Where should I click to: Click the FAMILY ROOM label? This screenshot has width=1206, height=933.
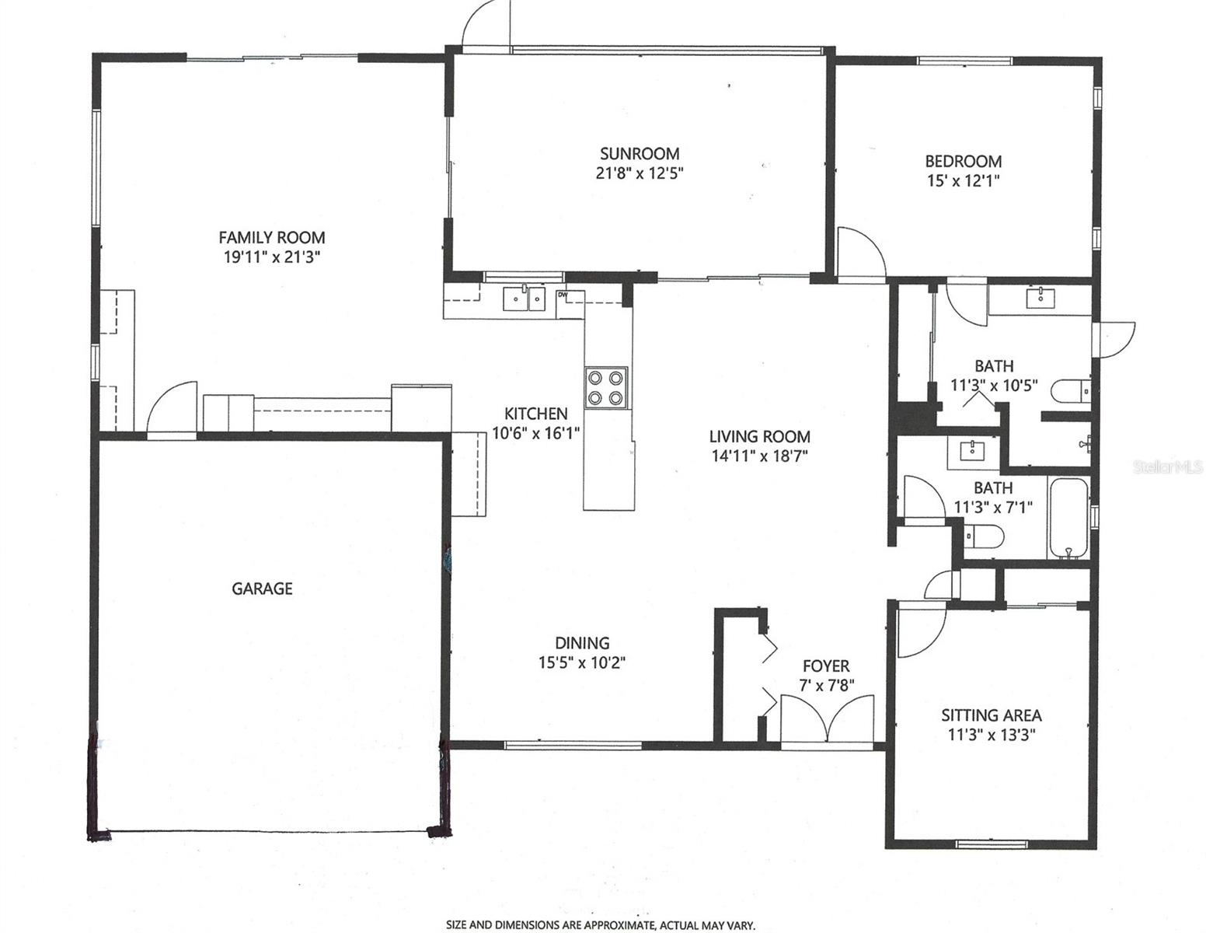point(271,237)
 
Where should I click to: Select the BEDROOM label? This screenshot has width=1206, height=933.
point(963,161)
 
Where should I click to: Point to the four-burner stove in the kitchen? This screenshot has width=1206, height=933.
point(606,387)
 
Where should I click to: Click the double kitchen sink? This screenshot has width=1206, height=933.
point(526,297)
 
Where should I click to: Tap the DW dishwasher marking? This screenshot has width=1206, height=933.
point(562,295)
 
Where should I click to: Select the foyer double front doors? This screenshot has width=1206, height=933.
point(828,719)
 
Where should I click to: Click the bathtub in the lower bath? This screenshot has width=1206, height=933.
point(1068,519)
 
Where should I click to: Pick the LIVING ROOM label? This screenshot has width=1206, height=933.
point(759,436)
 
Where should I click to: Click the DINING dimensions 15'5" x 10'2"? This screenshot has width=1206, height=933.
point(582,662)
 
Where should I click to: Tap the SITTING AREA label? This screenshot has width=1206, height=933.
point(991,715)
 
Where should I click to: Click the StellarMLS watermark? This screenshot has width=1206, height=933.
point(1168,467)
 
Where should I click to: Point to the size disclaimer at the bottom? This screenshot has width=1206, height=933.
point(600,925)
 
